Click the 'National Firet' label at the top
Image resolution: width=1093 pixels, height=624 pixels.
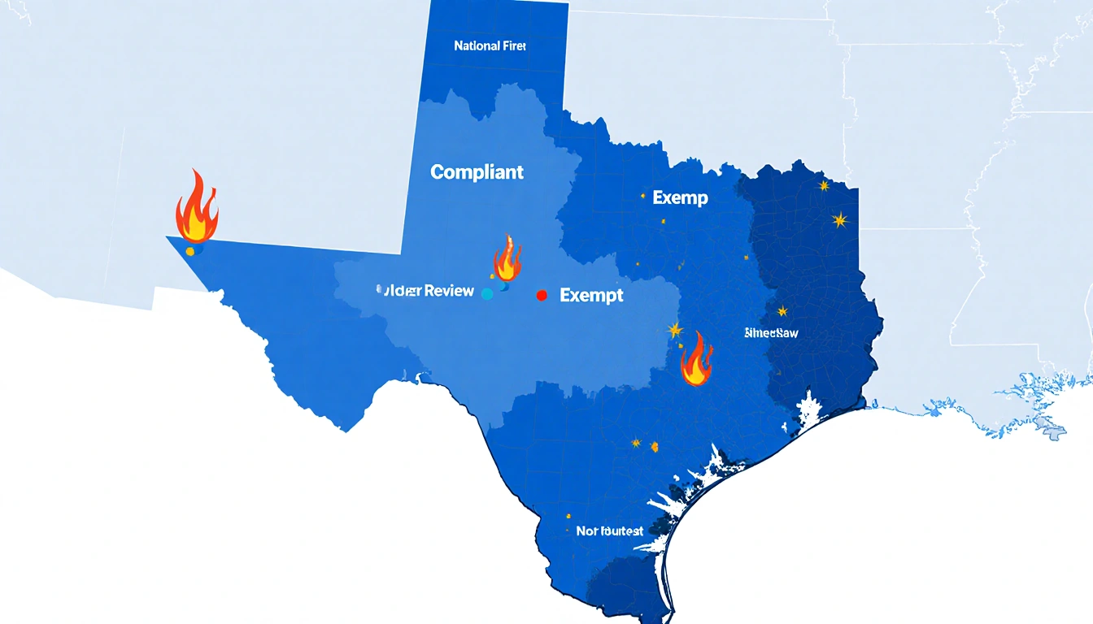tap(490, 46)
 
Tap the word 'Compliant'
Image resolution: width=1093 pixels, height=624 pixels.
tap(477, 172)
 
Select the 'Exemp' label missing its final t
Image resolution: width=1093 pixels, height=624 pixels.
tap(680, 197)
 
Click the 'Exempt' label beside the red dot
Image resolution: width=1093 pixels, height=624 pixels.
tap(591, 296)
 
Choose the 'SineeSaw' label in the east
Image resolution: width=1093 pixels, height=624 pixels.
tap(771, 333)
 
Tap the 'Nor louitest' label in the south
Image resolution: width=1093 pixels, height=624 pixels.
tap(609, 531)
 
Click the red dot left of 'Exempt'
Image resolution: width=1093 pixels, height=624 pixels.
tap(542, 296)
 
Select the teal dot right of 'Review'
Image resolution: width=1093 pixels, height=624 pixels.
tap(487, 294)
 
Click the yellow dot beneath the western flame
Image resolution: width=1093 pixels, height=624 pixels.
tap(190, 251)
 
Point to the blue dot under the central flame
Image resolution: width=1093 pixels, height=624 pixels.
tap(504, 286)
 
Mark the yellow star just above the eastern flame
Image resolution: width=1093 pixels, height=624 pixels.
tap(674, 329)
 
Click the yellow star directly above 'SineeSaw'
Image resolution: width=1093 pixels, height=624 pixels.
tap(782, 310)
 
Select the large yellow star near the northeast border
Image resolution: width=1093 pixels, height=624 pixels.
tap(838, 219)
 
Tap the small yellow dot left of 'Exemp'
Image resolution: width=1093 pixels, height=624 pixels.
tap(642, 196)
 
